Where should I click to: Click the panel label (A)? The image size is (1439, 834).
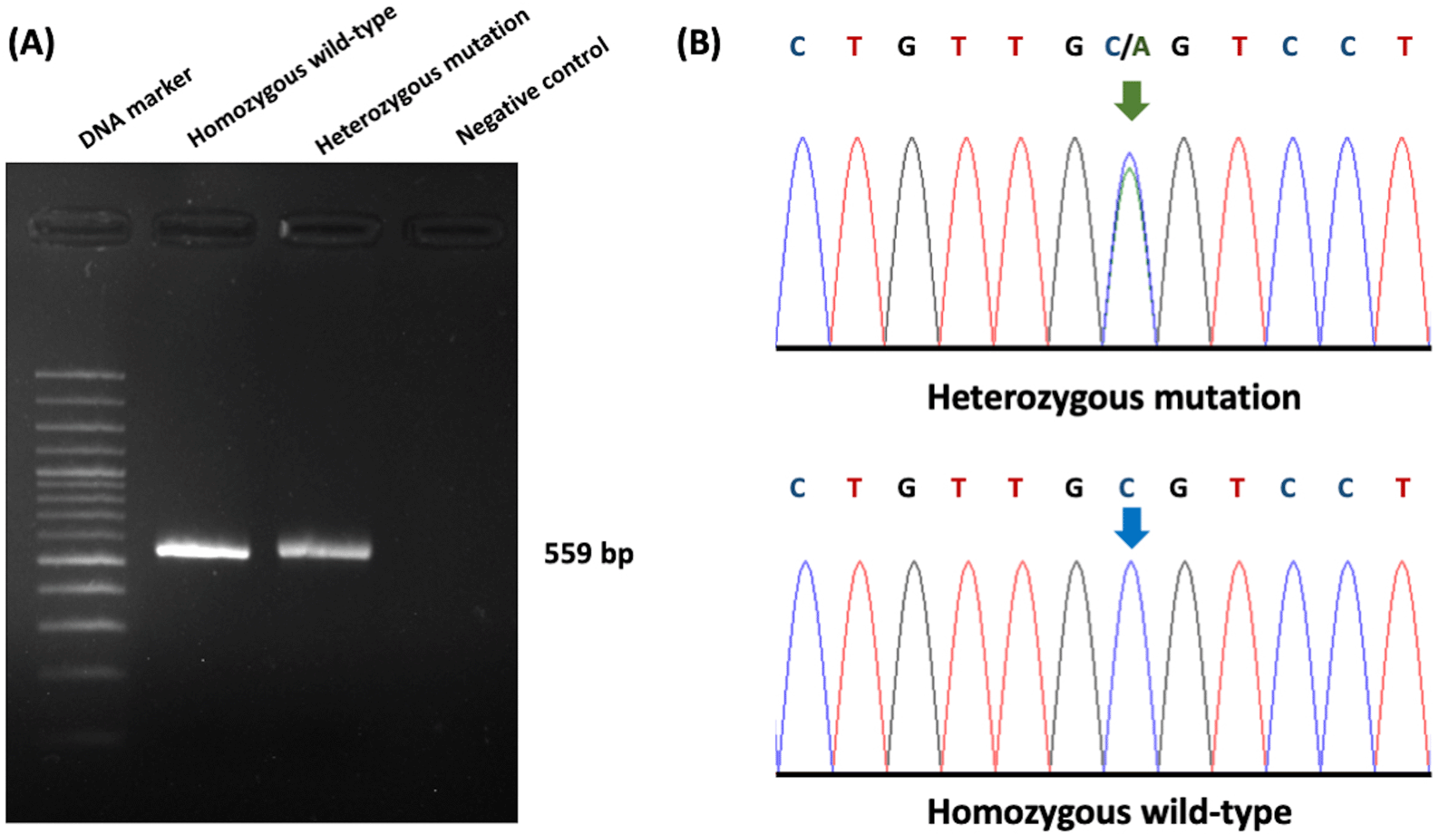click(x=31, y=43)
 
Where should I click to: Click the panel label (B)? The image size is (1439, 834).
click(x=698, y=43)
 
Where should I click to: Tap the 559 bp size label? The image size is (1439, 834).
click(x=588, y=553)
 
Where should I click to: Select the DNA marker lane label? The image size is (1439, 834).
click(x=135, y=108)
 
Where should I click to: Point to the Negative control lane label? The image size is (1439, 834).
click(x=532, y=91)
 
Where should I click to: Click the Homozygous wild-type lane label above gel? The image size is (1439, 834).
click(x=292, y=76)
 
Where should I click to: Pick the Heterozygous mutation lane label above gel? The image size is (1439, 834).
click(x=422, y=82)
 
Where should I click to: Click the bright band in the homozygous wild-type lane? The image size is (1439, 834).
click(x=202, y=550)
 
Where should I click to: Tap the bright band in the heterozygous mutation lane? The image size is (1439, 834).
click(x=325, y=549)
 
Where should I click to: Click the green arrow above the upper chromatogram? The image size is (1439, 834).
click(x=1131, y=100)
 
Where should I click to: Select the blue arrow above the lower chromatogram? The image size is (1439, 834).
click(x=1131, y=527)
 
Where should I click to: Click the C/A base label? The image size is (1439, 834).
click(x=1127, y=46)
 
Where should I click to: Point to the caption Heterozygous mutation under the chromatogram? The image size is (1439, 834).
click(x=1113, y=397)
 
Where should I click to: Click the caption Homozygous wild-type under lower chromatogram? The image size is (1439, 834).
click(x=1109, y=811)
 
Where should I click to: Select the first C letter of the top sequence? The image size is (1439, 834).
click(x=797, y=46)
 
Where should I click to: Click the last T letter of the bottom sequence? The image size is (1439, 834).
click(x=1403, y=488)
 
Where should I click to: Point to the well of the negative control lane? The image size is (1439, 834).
click(x=452, y=230)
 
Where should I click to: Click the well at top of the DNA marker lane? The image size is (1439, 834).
click(x=80, y=227)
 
